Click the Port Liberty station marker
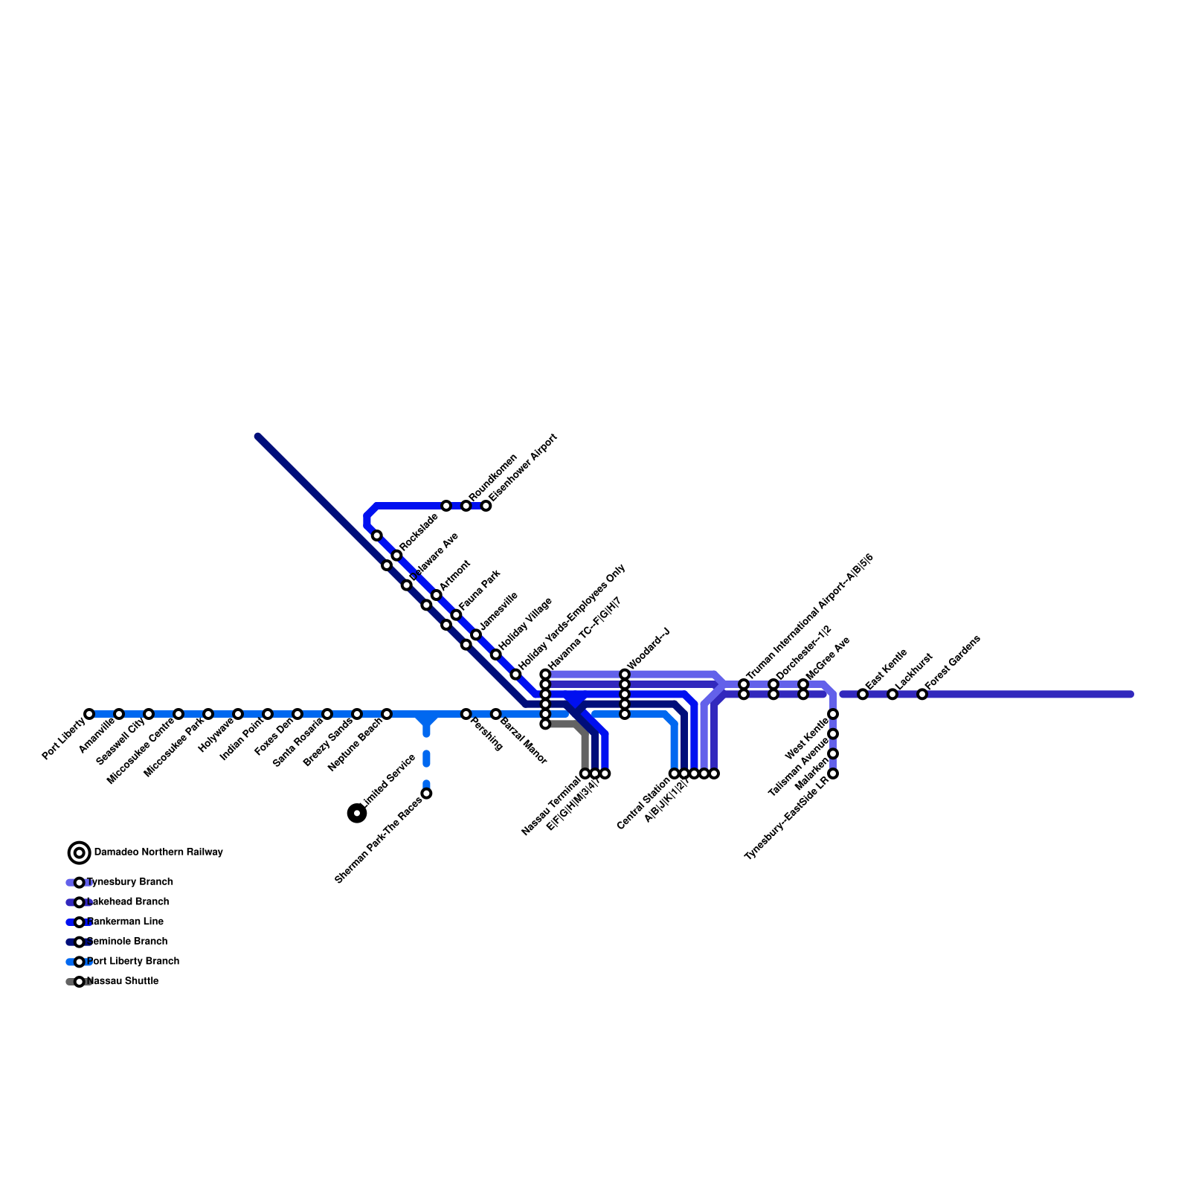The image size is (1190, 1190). [89, 714]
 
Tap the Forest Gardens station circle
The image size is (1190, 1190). [922, 694]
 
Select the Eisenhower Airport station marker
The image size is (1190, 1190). [486, 506]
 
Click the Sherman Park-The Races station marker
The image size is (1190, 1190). [426, 794]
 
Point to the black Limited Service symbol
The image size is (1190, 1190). [357, 813]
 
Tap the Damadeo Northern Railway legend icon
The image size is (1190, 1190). [80, 852]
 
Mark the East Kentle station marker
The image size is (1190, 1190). [863, 694]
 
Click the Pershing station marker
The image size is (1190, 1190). [466, 714]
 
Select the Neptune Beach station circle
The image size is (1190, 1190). [387, 714]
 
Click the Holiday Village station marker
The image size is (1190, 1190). [495, 654]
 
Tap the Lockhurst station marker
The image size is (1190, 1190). [892, 694]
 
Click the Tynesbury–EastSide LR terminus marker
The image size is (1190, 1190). [833, 773]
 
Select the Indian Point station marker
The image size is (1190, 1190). [268, 714]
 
